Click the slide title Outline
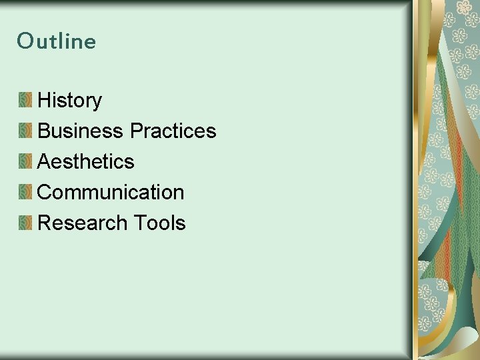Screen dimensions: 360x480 tap(57, 41)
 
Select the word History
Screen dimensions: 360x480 tap(69, 101)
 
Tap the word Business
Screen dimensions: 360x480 tap(81, 131)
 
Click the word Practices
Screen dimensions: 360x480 tap(173, 131)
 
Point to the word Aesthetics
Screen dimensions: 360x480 tap(86, 161)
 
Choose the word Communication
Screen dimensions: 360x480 tap(111, 192)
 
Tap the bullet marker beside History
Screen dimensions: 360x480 tap(25, 101)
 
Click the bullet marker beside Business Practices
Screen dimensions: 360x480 tap(25, 131)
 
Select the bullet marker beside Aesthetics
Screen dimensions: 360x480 tap(25, 161)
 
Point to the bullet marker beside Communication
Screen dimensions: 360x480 tap(25, 192)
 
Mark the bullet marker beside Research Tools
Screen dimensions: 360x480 tap(25, 223)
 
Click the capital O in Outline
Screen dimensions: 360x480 tap(25, 41)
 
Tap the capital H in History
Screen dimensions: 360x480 tap(45, 101)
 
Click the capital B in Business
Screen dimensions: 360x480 tap(44, 131)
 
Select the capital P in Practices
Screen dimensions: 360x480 tap(136, 131)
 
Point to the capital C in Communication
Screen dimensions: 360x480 tap(45, 192)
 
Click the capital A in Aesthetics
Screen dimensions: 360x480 tap(44, 161)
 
